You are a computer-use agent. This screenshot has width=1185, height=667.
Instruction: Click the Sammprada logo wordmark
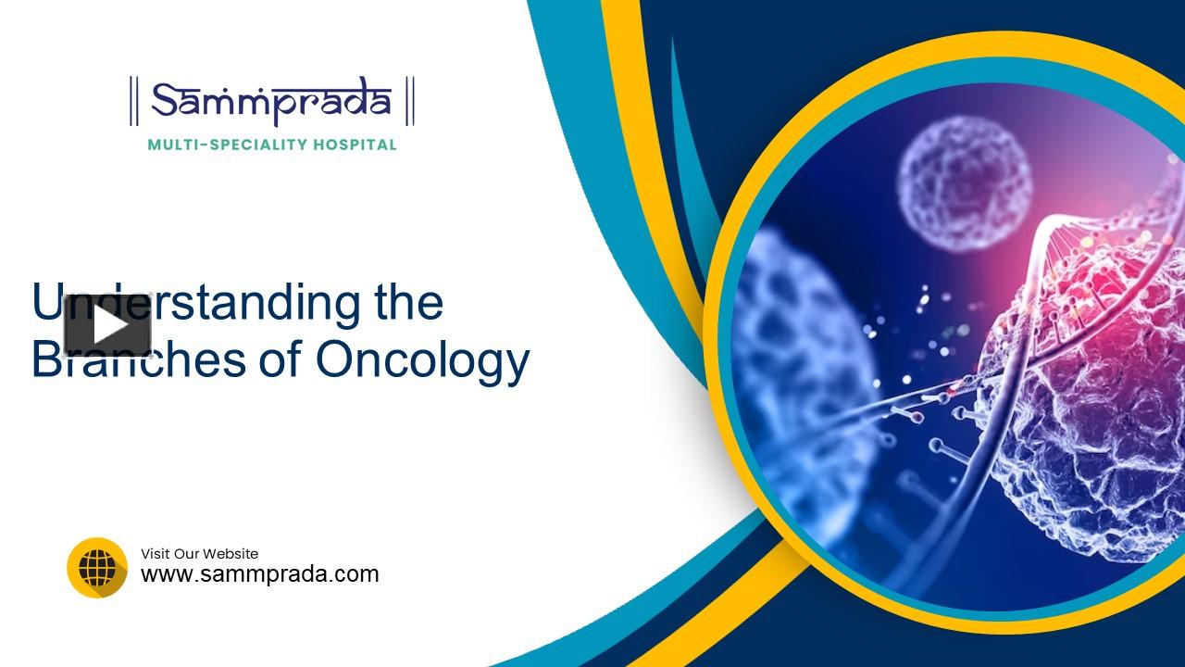click(x=271, y=101)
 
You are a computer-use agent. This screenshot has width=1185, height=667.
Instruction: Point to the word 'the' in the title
click(x=407, y=303)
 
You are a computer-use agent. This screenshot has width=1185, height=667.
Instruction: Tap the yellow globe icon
click(x=97, y=567)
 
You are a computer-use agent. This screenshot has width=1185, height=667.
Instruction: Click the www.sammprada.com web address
click(x=259, y=573)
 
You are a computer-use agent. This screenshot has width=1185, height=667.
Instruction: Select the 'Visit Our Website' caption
click(x=199, y=554)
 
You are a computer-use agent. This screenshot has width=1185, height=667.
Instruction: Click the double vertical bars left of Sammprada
click(x=134, y=102)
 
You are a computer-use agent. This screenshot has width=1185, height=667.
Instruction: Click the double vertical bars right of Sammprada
click(x=410, y=102)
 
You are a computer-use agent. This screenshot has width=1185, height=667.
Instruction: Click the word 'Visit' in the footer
click(x=155, y=554)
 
